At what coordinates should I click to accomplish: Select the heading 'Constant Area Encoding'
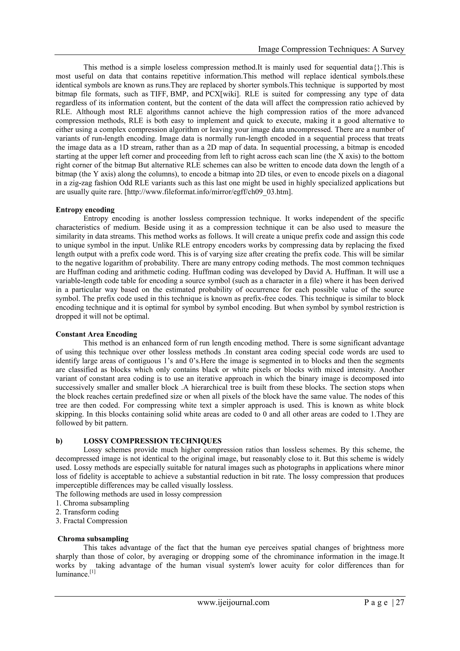pos(96,334)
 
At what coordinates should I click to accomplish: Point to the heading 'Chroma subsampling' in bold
pos(93,539)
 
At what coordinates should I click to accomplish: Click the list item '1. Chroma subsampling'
pos(92,503)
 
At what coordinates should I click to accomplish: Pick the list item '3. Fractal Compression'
pos(91,521)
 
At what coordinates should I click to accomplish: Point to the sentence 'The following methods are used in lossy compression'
pos(139,494)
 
